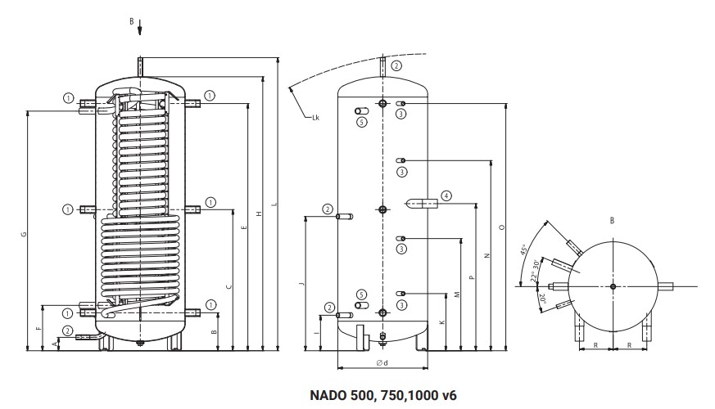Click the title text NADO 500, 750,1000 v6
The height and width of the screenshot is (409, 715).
pos(382,394)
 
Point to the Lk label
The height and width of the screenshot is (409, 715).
pos(315,119)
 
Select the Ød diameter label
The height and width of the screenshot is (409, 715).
pos(382,362)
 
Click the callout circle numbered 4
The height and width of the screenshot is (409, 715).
pos(446,196)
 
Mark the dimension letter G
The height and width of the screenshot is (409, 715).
pos(24,235)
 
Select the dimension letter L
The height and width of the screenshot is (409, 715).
pos(274,204)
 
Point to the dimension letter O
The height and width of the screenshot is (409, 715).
pos(500,227)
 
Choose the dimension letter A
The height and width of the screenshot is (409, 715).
pos(55,345)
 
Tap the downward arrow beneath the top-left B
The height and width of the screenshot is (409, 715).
pos(139,29)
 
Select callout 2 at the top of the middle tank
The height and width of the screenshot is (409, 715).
pos(396,65)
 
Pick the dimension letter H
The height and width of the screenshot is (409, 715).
pos(259,214)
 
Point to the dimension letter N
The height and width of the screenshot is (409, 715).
pos(486,256)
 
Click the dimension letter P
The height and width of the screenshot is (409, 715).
pos(472,277)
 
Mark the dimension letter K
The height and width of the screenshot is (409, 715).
pos(442,322)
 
